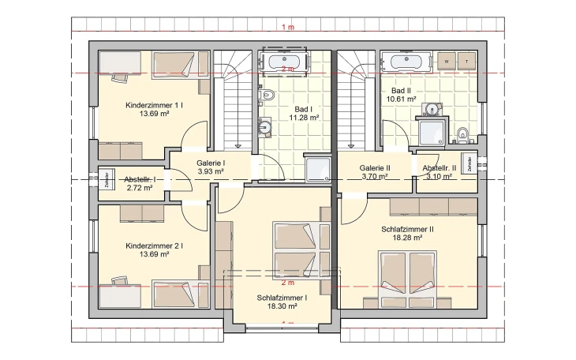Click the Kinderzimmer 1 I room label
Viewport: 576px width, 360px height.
coord(155,105)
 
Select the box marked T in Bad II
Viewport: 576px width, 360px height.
coord(468,61)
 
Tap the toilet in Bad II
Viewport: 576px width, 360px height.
coord(463,134)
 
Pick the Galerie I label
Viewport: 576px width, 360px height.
coord(211,162)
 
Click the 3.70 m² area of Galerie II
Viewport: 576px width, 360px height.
coord(375,177)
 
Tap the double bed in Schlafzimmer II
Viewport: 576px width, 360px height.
coord(407,279)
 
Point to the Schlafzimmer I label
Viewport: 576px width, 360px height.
coord(281,298)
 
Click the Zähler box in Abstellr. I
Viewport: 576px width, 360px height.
coord(105,179)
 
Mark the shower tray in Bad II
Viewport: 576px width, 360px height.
coord(433,132)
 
